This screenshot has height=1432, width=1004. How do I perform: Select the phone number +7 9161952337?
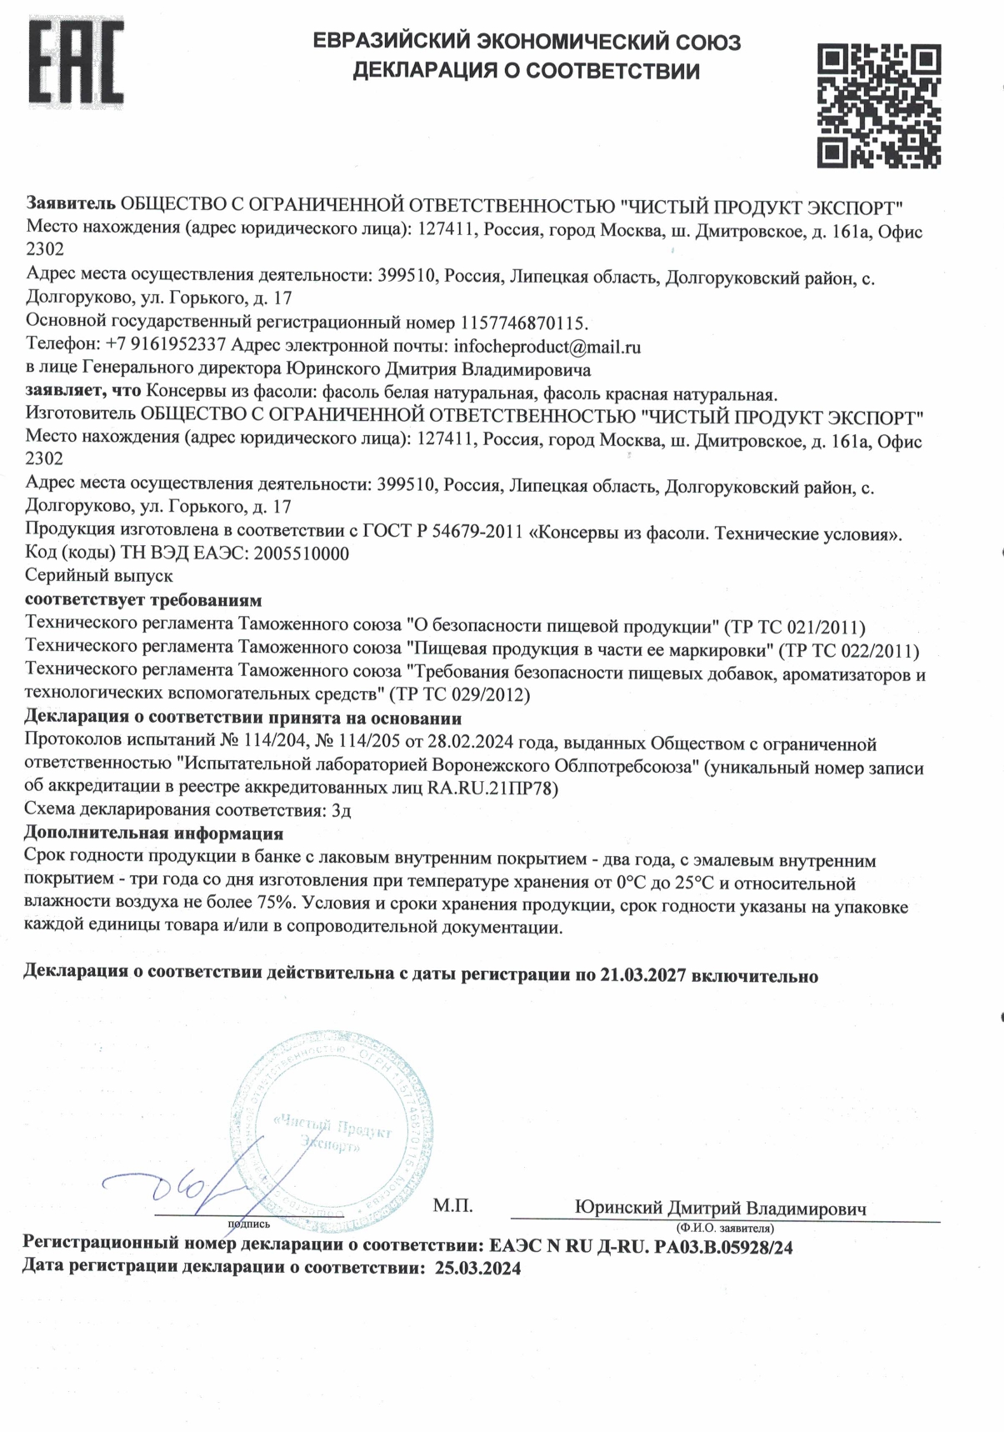point(166,346)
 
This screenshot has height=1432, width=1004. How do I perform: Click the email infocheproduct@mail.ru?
point(547,346)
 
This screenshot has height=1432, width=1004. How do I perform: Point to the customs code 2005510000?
point(301,553)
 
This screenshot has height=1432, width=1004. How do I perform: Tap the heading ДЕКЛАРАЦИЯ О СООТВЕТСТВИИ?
point(526,72)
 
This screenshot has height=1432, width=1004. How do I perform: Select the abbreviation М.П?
point(452,1205)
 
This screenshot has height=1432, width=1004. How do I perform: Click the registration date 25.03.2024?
point(477,1269)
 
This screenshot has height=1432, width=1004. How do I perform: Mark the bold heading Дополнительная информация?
point(153,834)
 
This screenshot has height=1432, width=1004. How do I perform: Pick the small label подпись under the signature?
point(248,1224)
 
